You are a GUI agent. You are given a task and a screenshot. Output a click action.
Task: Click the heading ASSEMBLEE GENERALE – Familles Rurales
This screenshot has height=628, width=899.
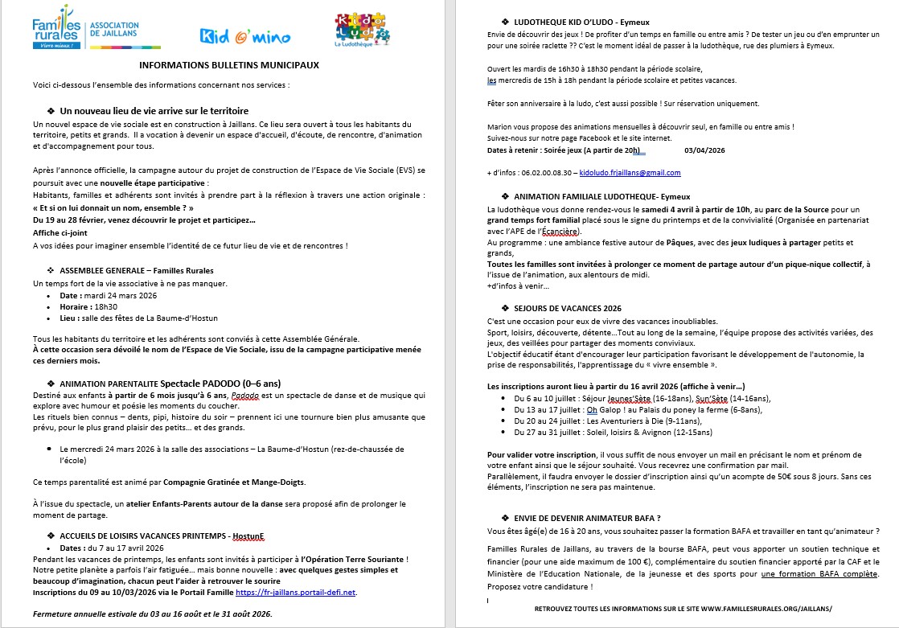[137, 271]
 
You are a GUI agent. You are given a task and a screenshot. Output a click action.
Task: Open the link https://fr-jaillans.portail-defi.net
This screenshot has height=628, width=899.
[295, 593]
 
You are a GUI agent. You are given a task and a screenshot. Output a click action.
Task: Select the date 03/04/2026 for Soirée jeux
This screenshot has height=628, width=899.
[704, 150]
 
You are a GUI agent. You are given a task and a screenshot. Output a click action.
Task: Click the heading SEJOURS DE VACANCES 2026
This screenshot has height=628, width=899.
[568, 308]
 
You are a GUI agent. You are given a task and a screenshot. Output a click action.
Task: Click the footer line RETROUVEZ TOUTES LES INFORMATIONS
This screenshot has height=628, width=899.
[683, 610]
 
